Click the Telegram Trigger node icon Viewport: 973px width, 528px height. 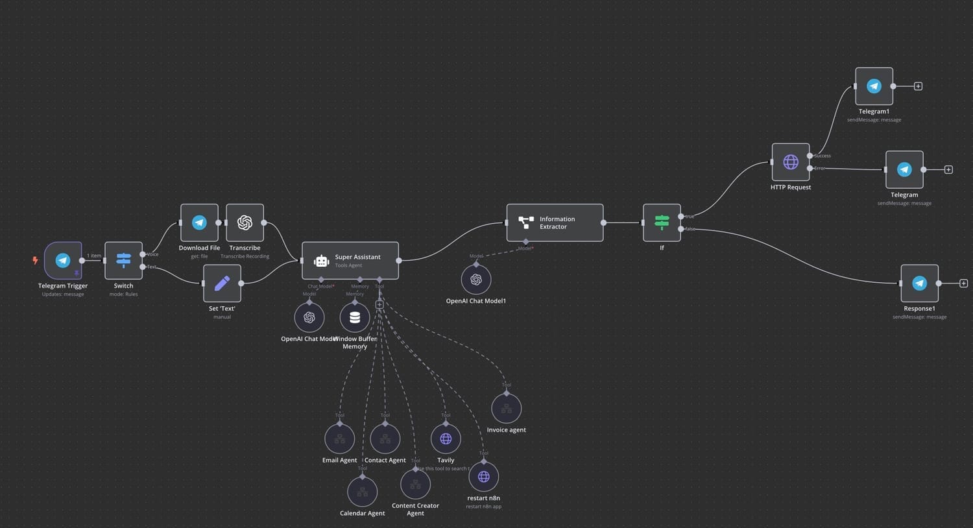(x=63, y=260)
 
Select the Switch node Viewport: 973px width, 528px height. (x=123, y=260)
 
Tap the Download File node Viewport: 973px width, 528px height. (x=199, y=222)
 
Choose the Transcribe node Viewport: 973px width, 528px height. (x=245, y=222)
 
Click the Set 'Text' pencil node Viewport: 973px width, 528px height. (x=222, y=283)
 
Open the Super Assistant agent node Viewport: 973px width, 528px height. (x=350, y=261)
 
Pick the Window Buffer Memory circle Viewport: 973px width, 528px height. (x=355, y=317)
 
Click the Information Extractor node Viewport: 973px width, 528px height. (x=555, y=222)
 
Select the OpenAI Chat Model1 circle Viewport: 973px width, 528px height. (x=476, y=280)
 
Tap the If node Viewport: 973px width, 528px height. (x=662, y=222)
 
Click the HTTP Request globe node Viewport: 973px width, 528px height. (x=791, y=162)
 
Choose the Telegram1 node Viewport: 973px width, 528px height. (x=874, y=86)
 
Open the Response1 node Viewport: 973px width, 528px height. (x=919, y=283)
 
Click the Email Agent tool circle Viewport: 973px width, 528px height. (x=339, y=439)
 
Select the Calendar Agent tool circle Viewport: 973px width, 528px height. (x=363, y=492)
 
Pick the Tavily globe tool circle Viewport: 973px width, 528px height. (x=446, y=439)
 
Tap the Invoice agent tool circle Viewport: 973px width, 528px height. (x=507, y=409)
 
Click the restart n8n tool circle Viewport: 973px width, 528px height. (x=483, y=477)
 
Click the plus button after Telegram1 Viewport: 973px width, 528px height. (x=918, y=86)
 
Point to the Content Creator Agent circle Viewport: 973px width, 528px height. (x=415, y=485)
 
